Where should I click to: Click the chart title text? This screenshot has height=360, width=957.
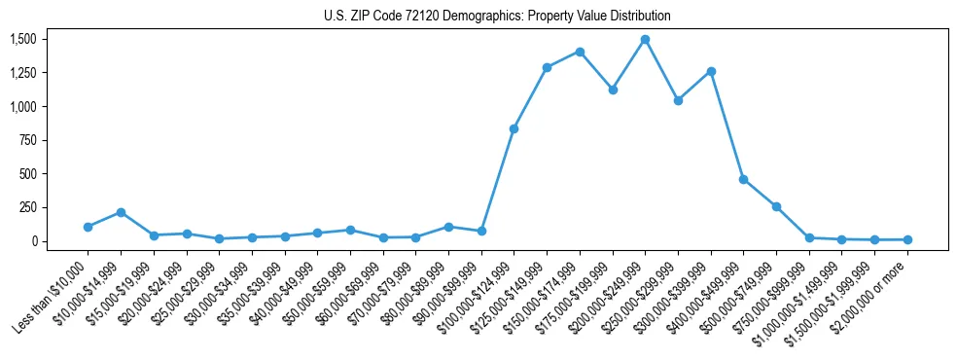point(497,17)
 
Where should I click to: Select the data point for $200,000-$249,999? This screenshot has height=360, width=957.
point(645,40)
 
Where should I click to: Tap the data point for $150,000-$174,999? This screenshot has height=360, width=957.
point(580,52)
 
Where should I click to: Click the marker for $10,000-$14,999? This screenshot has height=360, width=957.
point(121,212)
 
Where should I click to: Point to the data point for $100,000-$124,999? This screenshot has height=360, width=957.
point(514,128)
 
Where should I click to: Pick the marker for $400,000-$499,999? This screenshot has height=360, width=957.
point(743,179)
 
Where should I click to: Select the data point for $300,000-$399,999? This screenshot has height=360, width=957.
point(711,71)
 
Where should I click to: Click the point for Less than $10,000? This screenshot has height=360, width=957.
point(88,227)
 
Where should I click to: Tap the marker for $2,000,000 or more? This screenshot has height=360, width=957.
point(907,239)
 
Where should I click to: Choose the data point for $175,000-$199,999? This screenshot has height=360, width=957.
point(613,90)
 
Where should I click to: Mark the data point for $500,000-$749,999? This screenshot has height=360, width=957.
point(776,206)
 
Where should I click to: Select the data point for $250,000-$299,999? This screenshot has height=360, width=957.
point(678,100)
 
